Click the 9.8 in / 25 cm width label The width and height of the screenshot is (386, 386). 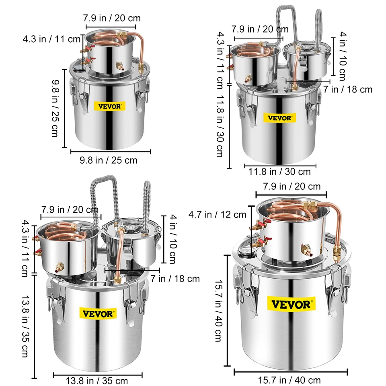(108, 160)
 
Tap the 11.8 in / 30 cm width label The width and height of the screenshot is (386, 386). (279, 172)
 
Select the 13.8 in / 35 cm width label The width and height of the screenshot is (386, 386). (97, 381)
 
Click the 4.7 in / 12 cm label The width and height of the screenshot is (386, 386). (218, 214)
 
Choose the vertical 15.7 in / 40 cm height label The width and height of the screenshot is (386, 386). (219, 310)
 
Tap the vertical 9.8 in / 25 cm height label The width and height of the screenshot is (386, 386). (55, 108)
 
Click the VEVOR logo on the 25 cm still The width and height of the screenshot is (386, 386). (109, 106)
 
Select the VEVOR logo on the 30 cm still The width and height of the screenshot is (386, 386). (279, 118)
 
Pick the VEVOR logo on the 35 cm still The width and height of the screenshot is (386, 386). (98, 314)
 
